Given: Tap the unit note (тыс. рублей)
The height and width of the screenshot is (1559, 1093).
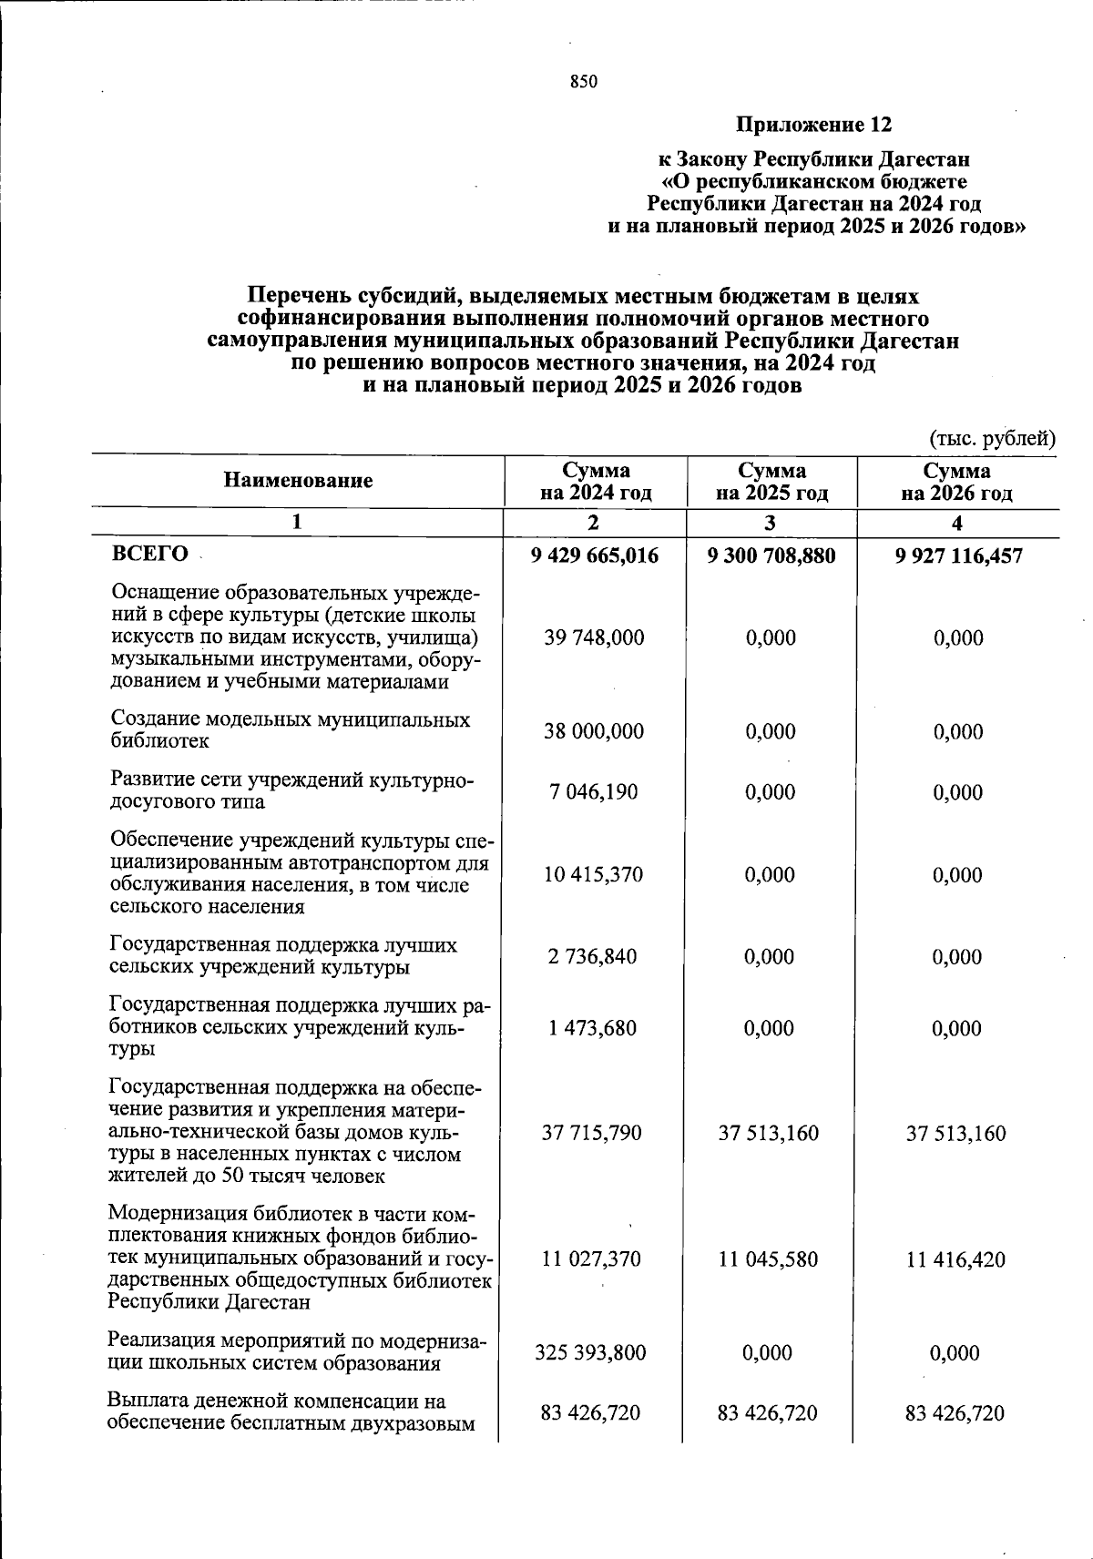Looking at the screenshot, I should tap(991, 439).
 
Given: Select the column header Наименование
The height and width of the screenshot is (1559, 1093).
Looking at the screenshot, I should tap(299, 481).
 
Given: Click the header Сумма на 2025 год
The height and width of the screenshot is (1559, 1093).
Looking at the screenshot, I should tap(771, 483).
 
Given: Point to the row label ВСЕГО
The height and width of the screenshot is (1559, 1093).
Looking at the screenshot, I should tap(149, 555).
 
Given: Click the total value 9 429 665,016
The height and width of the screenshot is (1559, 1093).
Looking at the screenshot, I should tap(594, 555).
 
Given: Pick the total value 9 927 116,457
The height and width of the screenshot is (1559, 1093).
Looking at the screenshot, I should tap(958, 555).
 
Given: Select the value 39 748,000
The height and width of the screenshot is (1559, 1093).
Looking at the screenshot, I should tap(594, 638).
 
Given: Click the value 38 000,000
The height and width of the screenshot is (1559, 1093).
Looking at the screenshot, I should tap(594, 732).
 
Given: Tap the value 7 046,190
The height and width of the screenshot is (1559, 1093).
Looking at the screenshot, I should tap(594, 792).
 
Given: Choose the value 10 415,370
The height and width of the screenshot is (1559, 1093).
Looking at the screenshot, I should tap(594, 875).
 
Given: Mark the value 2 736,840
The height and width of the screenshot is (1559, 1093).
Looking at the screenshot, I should tap(594, 957).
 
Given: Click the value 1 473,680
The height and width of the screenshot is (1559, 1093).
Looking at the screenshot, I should tap(594, 1029).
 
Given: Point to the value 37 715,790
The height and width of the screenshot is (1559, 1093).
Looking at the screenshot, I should tap(594, 1134).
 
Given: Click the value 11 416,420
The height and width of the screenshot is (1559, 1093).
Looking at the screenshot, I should tap(956, 1260).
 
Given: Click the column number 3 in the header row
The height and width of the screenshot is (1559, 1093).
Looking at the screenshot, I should tap(771, 524).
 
